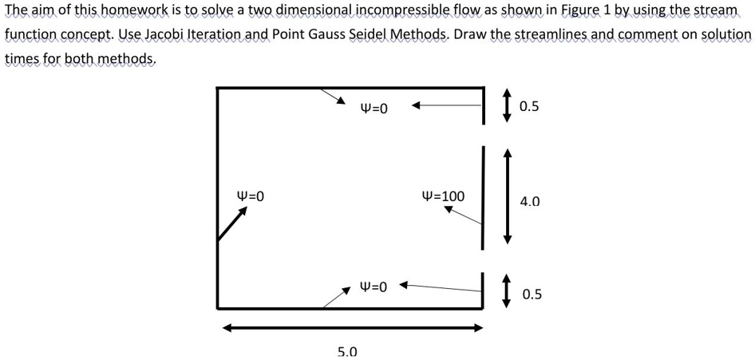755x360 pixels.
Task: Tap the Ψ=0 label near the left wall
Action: (x=250, y=196)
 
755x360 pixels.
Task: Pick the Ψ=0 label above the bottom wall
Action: (x=374, y=286)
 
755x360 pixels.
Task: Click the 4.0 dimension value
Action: (x=529, y=203)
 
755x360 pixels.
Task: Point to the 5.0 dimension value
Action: (x=347, y=351)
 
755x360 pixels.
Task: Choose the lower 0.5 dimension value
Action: (x=532, y=295)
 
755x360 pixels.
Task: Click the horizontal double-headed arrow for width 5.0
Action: (x=352, y=326)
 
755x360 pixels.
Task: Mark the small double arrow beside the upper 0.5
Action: (x=506, y=105)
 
